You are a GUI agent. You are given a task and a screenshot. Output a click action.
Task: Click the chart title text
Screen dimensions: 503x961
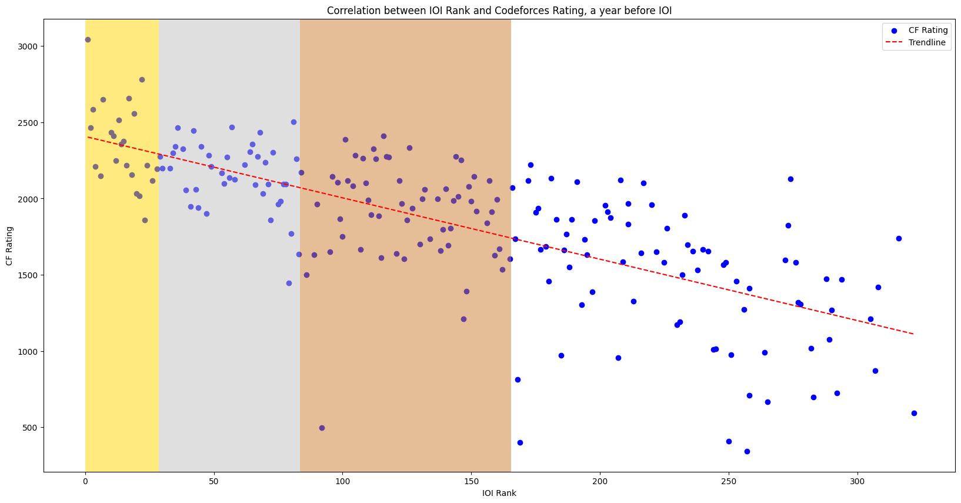(499, 11)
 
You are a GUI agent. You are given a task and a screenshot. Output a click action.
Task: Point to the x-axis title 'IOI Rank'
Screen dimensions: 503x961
(499, 493)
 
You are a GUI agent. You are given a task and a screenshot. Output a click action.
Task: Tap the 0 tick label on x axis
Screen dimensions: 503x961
(85, 482)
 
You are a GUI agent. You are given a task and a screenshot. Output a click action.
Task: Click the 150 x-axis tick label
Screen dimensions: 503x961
(471, 482)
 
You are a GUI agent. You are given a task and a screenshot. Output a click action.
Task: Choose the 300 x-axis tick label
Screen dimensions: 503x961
(857, 482)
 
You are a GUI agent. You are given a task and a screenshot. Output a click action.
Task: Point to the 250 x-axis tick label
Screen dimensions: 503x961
(729, 482)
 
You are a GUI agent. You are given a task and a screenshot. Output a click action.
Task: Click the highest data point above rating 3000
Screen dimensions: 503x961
(88, 39)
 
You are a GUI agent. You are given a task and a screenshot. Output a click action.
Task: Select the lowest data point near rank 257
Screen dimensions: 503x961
(747, 451)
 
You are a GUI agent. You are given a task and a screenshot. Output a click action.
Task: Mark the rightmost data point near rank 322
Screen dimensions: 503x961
(914, 413)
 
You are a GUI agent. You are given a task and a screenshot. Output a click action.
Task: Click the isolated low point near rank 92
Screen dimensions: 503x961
(322, 428)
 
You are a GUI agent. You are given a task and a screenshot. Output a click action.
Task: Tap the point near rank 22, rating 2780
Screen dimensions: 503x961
(142, 79)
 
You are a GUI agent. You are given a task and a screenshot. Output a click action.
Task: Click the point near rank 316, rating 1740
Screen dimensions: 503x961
(899, 238)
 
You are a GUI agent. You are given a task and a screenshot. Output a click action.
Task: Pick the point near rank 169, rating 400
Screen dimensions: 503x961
(520, 442)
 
